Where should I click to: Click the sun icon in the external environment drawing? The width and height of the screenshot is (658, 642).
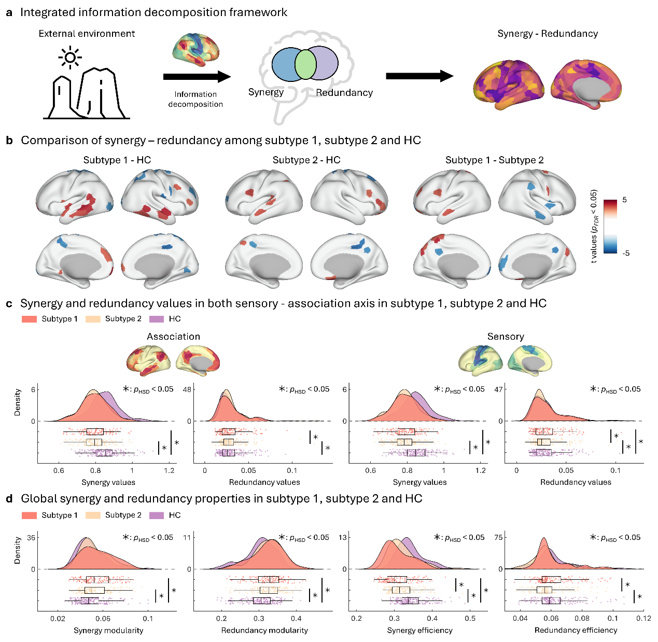tap(69, 57)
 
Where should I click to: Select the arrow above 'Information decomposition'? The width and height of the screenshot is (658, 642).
tap(197, 77)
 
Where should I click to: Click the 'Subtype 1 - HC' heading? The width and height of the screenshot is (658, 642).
tap(117, 160)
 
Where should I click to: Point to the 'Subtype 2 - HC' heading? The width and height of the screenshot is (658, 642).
tap(306, 160)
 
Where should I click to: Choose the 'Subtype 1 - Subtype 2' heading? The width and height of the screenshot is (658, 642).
tap(494, 160)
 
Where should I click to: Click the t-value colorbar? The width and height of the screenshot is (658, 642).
tap(610, 226)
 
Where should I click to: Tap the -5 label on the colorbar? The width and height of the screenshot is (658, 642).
tap(626, 253)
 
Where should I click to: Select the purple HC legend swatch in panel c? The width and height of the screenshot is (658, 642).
tap(157, 319)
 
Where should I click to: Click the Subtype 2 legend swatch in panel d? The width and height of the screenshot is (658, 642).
tap(93, 515)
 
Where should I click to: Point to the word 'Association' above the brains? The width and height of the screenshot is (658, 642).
tap(173, 337)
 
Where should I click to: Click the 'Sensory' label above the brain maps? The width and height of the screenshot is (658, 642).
tap(506, 337)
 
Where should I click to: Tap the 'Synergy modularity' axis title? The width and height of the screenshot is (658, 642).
tap(108, 631)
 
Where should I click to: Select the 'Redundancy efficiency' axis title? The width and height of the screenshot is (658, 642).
tap(576, 630)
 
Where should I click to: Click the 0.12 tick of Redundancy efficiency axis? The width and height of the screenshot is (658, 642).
tap(643, 618)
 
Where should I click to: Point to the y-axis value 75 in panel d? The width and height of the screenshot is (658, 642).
tap(499, 537)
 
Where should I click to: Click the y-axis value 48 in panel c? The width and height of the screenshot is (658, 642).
tap(188, 389)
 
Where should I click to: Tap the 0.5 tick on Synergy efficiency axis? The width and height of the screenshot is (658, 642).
tap(470, 618)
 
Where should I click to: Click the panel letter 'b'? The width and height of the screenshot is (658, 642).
tap(9, 141)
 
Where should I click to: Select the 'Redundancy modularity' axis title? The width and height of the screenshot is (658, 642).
tap(264, 631)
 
